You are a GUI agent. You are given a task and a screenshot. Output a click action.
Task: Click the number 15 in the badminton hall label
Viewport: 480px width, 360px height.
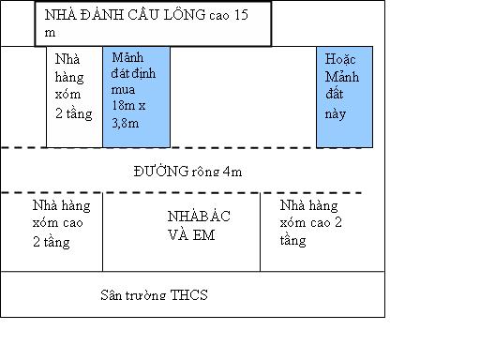tap(241, 15)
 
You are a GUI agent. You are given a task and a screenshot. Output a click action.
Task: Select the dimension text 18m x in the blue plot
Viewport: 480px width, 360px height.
tap(128, 105)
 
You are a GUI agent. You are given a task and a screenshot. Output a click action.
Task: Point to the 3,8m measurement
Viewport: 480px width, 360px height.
tap(126, 123)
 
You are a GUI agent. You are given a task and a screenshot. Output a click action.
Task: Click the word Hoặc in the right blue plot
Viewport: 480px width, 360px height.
tap(340, 59)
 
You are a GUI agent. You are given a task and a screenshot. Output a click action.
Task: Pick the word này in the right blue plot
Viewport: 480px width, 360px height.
tap(336, 114)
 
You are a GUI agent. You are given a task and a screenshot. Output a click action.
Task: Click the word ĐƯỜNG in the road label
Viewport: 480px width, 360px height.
tap(161, 171)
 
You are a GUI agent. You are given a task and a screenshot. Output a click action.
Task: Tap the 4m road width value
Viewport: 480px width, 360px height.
tap(232, 172)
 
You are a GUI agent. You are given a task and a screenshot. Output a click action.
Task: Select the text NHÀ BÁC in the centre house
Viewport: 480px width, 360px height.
tap(199, 216)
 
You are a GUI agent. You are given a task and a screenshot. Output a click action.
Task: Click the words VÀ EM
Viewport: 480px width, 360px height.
tap(191, 235)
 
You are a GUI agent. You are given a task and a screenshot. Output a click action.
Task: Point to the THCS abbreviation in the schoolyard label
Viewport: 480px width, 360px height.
tap(188, 294)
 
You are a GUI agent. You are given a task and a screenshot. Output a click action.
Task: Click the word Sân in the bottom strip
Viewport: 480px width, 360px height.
tap(111, 294)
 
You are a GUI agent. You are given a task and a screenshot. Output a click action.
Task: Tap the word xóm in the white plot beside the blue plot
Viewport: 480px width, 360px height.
tap(67, 94)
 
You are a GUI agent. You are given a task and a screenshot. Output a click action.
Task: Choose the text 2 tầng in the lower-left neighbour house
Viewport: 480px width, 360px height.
tap(52, 242)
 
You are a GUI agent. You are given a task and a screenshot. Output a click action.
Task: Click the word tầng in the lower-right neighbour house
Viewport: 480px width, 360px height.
tap(292, 241)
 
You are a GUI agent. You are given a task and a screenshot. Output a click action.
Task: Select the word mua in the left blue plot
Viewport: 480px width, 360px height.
tap(123, 90)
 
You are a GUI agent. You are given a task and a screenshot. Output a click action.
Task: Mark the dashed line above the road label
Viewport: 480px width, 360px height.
tap(181, 147)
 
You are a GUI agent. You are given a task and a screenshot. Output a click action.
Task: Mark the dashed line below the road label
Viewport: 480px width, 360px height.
tap(181, 193)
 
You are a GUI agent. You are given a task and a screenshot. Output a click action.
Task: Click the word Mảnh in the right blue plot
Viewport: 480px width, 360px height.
tap(342, 77)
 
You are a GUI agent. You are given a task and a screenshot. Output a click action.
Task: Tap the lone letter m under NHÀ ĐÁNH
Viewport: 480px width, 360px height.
tap(50, 33)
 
